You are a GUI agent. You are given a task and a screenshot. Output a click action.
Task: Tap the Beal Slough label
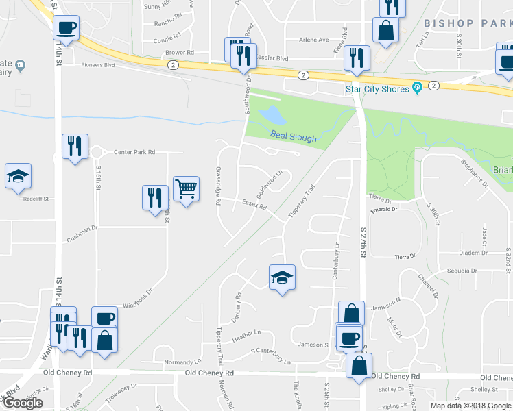click(x=294, y=137)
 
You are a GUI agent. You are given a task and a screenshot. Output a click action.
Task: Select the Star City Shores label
click(x=377, y=88)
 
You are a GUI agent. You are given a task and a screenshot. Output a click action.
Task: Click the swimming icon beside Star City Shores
click(x=416, y=88)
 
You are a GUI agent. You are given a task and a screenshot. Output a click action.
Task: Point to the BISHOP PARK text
click(x=468, y=23)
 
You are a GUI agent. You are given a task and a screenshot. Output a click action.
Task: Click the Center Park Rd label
click(x=134, y=152)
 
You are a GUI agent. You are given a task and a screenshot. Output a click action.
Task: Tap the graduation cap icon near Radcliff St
click(x=19, y=175)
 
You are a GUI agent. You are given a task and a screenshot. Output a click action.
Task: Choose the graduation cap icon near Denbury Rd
click(x=281, y=277)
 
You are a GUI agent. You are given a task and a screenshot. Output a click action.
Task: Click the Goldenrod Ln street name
click(x=270, y=181)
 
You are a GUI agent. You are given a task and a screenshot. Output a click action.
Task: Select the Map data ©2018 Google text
click(x=470, y=406)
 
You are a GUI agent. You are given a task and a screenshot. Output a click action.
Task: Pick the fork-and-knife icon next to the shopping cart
click(x=154, y=197)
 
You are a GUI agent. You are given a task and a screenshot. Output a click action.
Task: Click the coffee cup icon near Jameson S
click(x=349, y=337)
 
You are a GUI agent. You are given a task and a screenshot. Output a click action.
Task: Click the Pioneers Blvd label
click(x=100, y=66)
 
